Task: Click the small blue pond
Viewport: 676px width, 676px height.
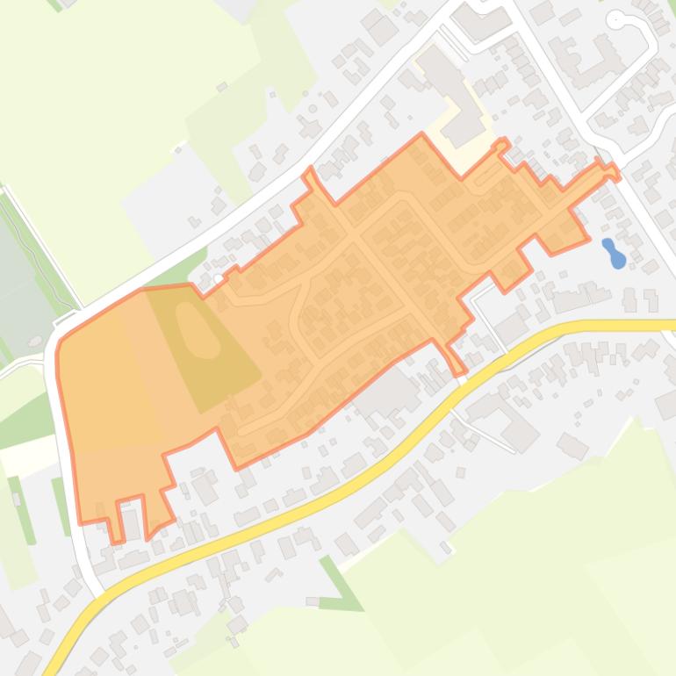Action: coord(615,254)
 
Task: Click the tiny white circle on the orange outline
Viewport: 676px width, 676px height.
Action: coord(219,279)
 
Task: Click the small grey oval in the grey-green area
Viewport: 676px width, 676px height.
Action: coord(35,341)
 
